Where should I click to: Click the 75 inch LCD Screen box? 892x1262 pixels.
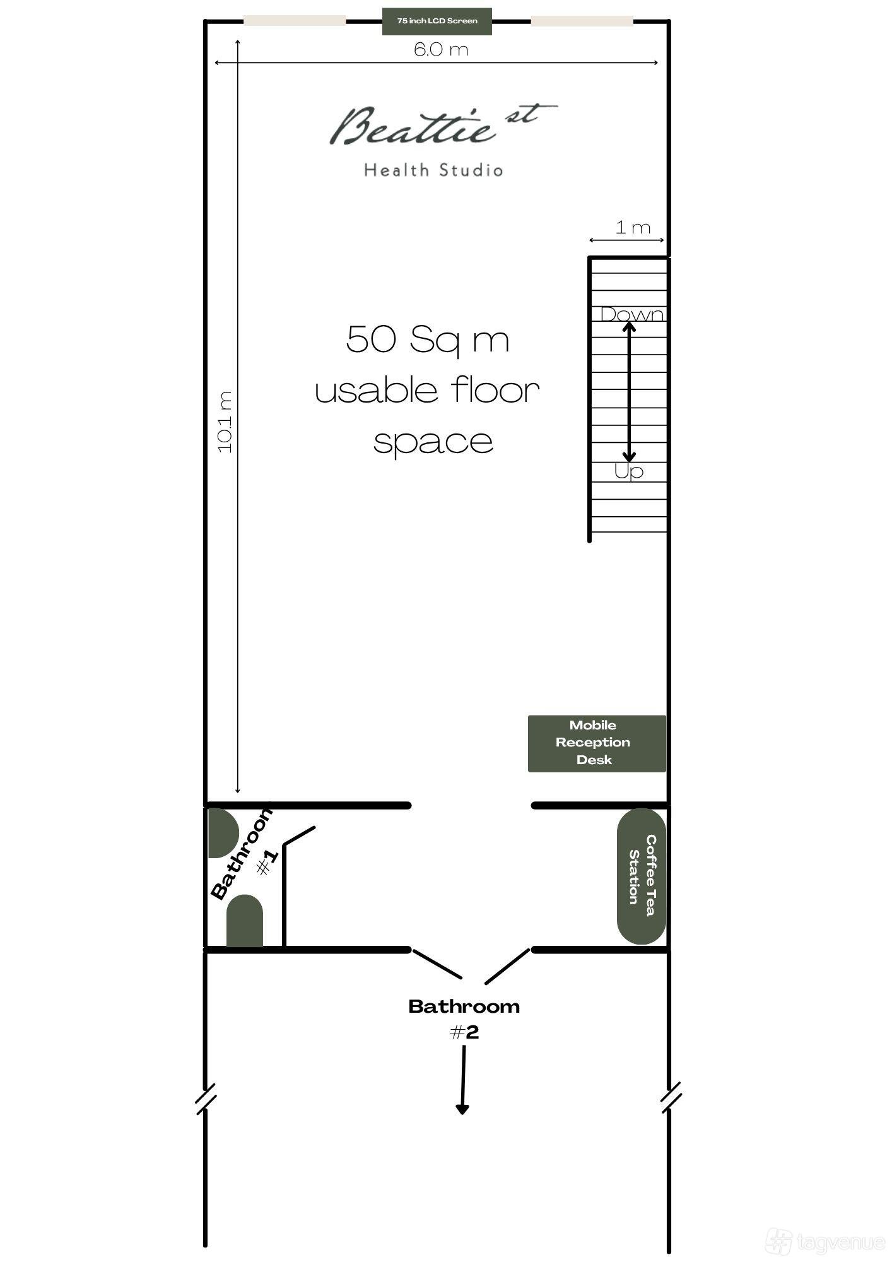coord(437,21)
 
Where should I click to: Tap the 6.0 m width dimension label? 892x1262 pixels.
coord(441,49)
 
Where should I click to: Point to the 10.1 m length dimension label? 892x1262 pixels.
coord(225,422)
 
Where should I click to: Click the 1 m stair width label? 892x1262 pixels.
coord(633,227)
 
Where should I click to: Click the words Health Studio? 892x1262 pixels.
coord(433,170)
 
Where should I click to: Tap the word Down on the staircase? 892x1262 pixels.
coord(632,314)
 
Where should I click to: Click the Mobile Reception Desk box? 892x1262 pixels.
coord(597,743)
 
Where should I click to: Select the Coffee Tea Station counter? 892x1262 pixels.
coord(642,876)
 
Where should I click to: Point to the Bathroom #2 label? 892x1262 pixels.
coord(464,1018)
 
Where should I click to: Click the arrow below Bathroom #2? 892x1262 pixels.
coord(463,1080)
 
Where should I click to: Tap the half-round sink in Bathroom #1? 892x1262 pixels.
coord(223,832)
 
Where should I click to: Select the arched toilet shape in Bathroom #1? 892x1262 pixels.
coord(245,921)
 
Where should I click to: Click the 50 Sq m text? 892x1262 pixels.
coord(428,340)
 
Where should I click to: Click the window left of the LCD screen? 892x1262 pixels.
coord(295,21)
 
